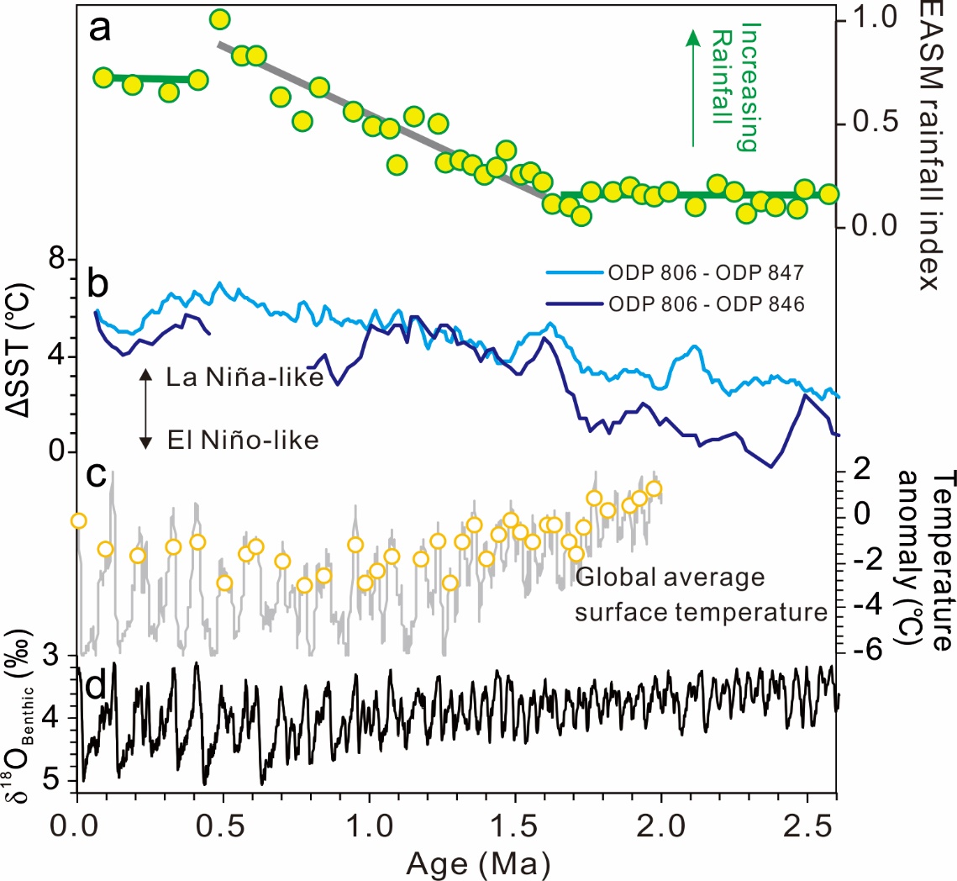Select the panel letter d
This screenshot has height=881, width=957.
[97, 687]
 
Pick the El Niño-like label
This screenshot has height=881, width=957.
[242, 439]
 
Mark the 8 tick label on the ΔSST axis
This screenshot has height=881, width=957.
[55, 260]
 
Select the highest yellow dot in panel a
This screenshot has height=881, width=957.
[220, 19]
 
